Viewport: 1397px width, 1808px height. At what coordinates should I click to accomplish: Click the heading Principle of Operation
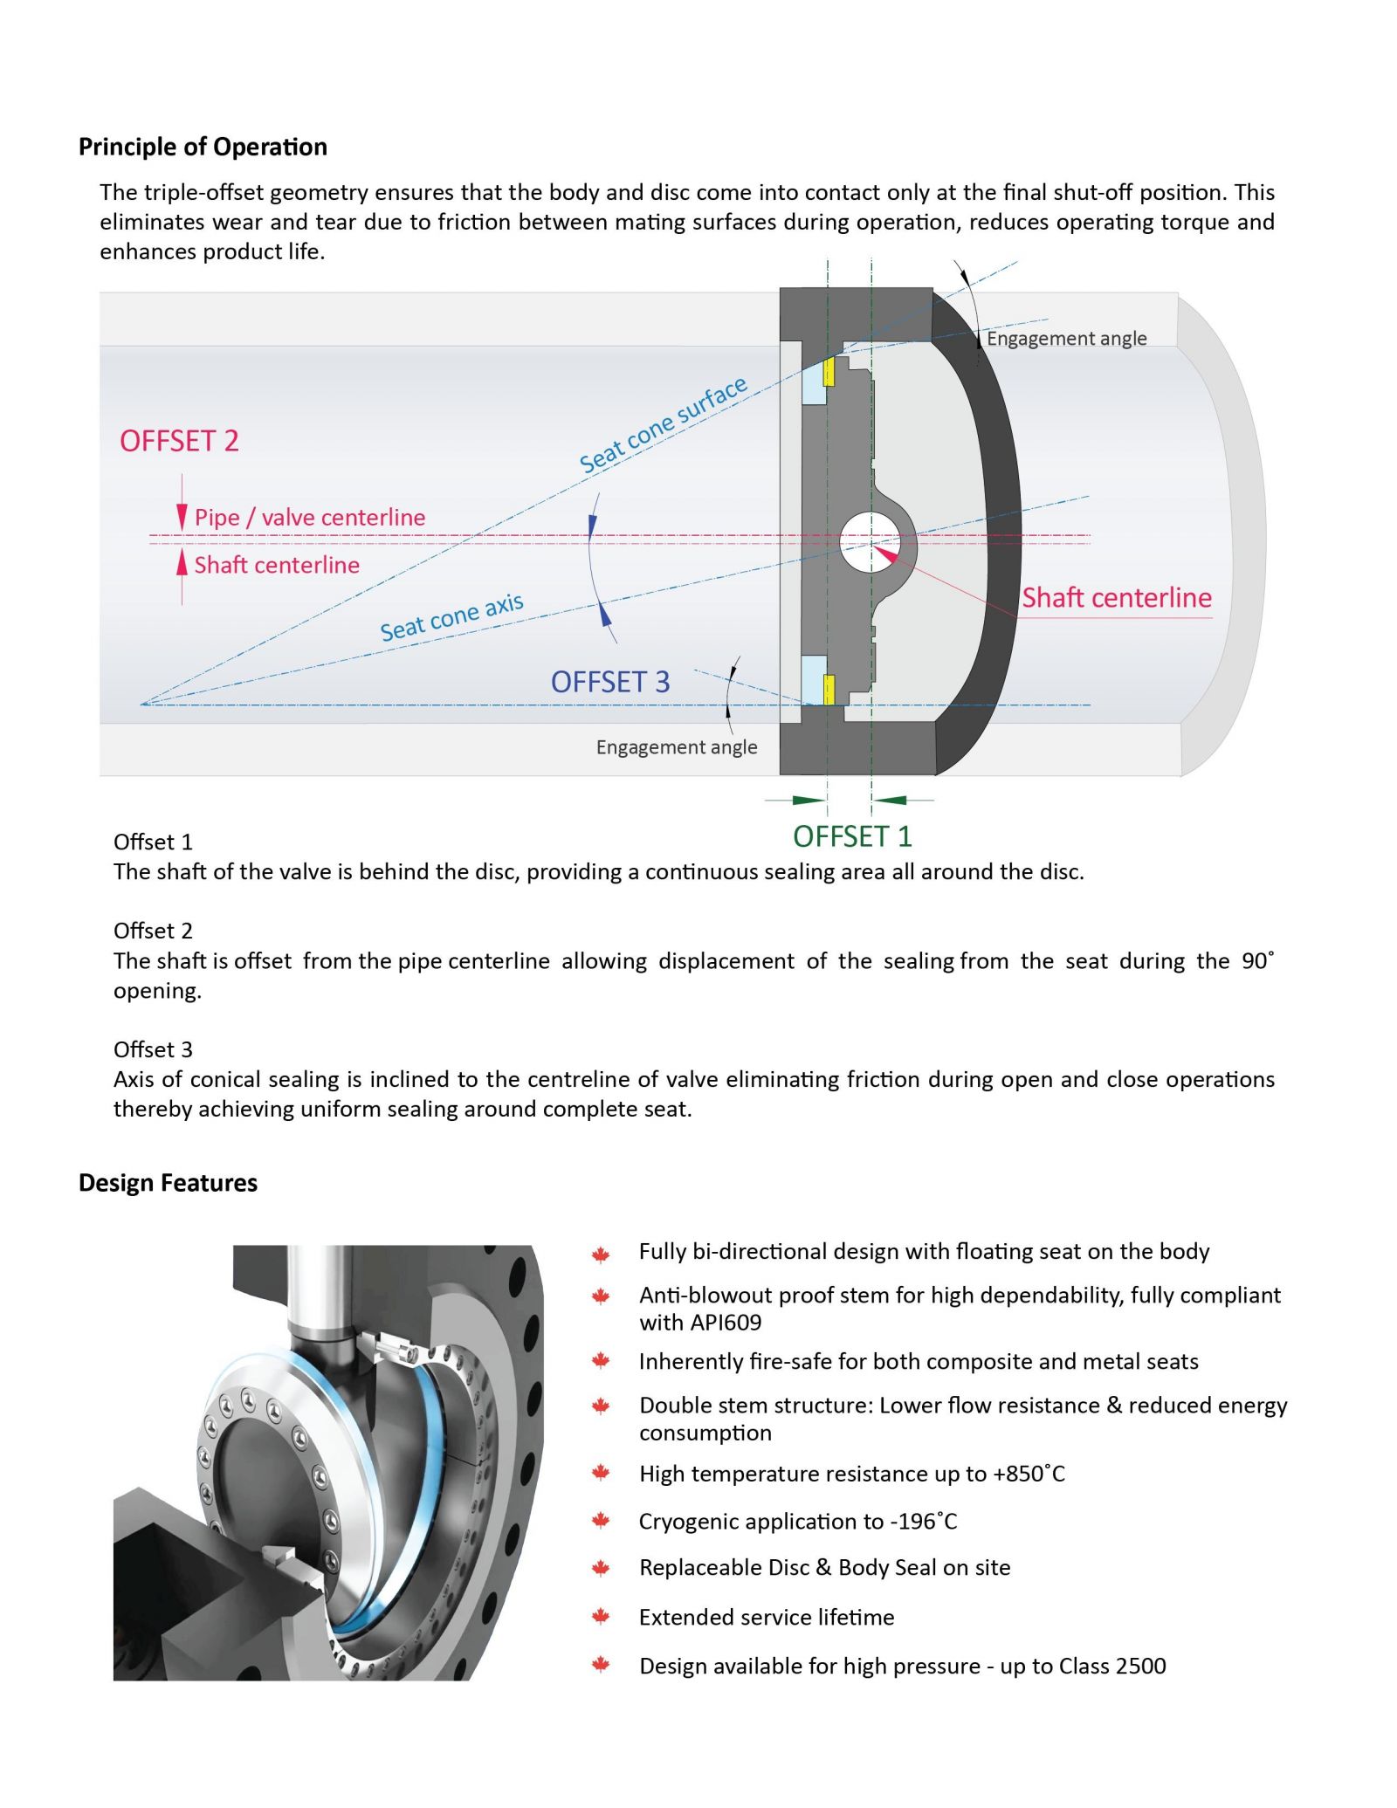(203, 147)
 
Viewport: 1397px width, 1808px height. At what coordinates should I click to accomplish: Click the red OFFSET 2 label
(179, 441)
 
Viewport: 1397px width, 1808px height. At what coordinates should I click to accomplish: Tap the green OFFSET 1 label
(852, 836)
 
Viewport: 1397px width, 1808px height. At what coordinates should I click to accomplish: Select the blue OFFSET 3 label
(609, 682)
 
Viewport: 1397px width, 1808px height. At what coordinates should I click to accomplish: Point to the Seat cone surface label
(663, 425)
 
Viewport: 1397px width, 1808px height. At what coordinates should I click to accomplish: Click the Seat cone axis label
(451, 616)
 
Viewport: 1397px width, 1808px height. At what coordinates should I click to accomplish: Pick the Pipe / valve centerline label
(309, 518)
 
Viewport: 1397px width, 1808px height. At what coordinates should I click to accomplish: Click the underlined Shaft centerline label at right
(1117, 598)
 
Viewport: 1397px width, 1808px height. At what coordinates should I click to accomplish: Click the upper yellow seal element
(829, 372)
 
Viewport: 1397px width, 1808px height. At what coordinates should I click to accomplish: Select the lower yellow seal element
(829, 690)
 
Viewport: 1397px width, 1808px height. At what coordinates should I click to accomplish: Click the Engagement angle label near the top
(1066, 339)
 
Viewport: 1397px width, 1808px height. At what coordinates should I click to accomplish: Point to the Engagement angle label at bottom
(677, 747)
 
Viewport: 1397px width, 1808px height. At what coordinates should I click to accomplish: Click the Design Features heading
(168, 1183)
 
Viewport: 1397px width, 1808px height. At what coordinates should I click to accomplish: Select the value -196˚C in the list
(924, 1522)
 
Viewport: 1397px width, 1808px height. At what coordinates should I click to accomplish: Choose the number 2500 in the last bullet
(1140, 1666)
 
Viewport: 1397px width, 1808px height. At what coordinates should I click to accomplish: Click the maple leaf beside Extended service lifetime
(601, 1617)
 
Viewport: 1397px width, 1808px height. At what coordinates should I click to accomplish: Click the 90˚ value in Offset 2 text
(1257, 960)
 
